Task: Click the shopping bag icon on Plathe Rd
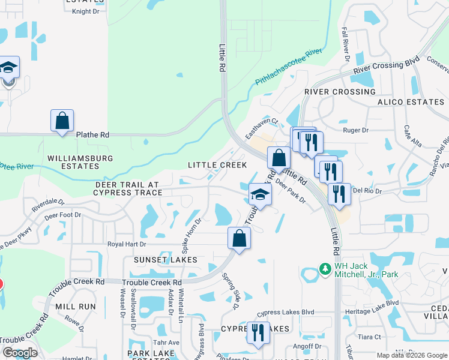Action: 62,121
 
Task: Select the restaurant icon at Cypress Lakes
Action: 258,332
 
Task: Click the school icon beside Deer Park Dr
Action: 260,194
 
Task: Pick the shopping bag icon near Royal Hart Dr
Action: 239,238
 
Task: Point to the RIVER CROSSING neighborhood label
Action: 340,92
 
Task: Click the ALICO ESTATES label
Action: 411,102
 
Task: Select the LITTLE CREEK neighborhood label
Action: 217,165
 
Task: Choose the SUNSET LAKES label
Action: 165,260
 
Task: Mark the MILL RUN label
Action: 75,306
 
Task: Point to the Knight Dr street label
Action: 85,11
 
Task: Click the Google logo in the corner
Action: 19,353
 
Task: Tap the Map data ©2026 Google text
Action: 411,355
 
